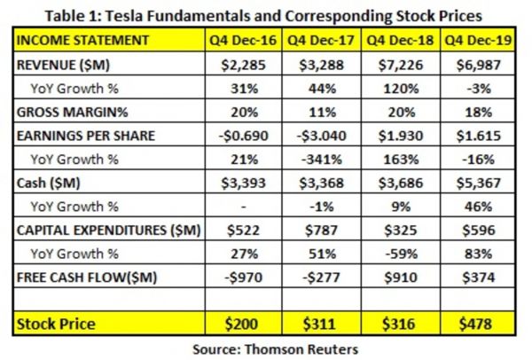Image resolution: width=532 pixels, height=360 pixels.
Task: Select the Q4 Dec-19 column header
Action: (x=479, y=41)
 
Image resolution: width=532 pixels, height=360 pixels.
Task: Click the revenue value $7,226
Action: (x=400, y=65)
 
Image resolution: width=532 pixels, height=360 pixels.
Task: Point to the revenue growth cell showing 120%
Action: (x=400, y=89)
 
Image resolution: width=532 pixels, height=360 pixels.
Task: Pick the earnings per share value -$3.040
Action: (x=321, y=136)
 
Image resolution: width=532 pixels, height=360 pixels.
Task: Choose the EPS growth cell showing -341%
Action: (x=321, y=160)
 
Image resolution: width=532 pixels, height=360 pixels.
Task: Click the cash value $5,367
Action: (x=479, y=184)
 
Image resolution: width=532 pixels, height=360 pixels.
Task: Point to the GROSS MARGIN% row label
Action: (x=66, y=113)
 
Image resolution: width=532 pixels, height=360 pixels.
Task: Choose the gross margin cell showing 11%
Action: (x=321, y=113)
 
